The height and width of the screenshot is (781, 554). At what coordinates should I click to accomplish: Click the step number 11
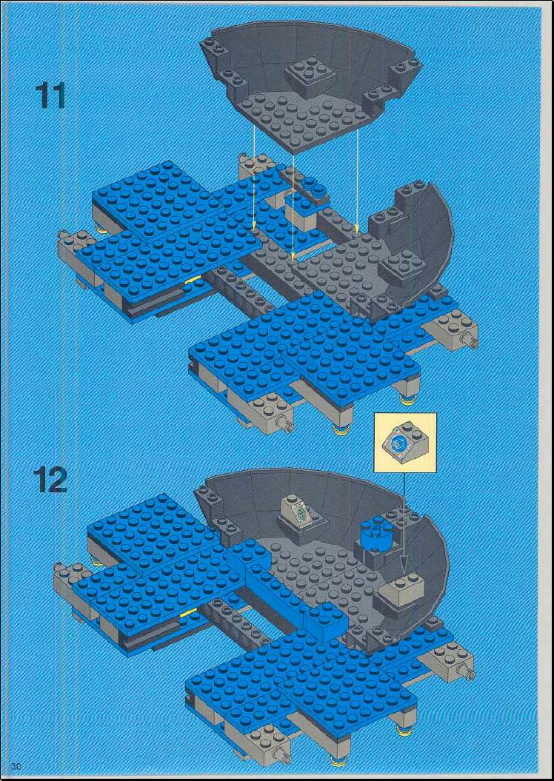click(x=50, y=97)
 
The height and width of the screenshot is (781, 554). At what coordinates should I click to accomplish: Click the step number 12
click(x=50, y=480)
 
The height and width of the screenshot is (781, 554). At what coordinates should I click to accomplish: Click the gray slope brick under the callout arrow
click(x=401, y=589)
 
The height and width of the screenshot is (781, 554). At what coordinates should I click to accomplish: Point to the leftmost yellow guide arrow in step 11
click(x=254, y=177)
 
